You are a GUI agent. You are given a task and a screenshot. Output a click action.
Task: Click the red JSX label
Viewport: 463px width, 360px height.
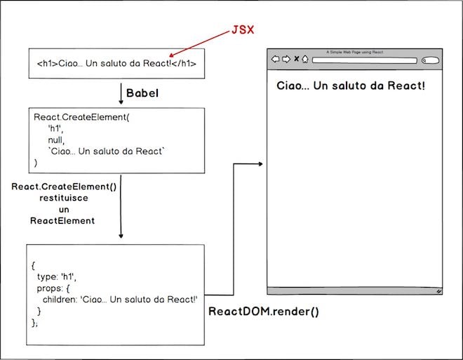(243, 30)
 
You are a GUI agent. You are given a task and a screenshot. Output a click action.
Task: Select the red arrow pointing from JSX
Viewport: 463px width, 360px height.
(199, 44)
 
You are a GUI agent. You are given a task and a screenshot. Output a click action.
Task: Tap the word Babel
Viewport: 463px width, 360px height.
(142, 93)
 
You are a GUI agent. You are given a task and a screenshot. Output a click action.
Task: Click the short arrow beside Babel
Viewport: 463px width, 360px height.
(121, 93)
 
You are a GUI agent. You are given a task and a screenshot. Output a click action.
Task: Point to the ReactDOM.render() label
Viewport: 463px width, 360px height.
(264, 312)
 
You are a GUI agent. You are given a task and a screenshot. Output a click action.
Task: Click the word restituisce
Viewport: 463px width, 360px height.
(64, 198)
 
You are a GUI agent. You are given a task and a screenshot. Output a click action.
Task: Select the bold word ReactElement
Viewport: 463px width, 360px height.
(62, 220)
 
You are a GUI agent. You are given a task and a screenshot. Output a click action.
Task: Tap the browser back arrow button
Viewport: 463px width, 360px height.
(275, 59)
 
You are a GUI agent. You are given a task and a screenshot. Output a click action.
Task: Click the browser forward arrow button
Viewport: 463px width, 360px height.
(286, 59)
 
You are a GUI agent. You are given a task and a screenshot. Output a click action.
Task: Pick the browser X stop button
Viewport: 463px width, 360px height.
(297, 59)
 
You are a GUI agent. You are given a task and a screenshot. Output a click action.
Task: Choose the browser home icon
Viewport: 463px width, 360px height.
(305, 59)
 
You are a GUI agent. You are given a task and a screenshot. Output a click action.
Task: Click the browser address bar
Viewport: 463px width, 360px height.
(365, 60)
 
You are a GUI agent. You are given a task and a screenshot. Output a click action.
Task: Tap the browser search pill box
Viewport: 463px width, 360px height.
(430, 60)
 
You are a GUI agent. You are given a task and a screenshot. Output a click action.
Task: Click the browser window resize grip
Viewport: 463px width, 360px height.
(439, 291)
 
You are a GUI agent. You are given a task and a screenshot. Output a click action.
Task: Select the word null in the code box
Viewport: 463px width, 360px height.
(56, 140)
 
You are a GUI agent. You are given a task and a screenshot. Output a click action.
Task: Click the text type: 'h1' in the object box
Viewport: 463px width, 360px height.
(56, 276)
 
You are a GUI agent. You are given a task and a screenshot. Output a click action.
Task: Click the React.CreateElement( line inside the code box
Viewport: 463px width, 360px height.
(81, 117)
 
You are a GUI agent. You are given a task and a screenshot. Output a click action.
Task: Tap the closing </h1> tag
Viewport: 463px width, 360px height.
(184, 63)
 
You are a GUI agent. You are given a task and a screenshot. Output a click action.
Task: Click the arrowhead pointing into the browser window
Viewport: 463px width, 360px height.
(260, 164)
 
